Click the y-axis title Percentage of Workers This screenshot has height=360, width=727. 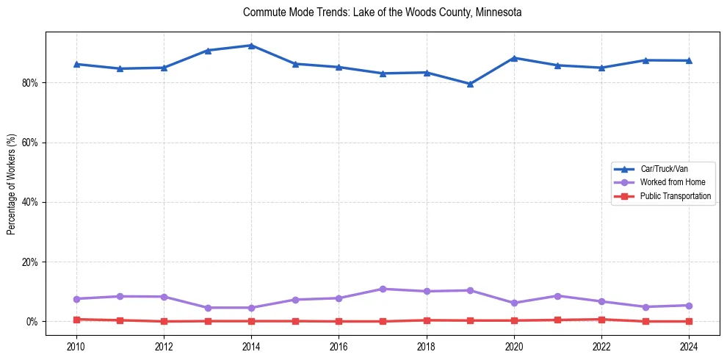(x=11, y=184)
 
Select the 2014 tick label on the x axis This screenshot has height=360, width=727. (x=251, y=346)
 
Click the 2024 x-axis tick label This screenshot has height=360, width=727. (x=689, y=346)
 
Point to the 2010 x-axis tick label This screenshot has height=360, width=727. (x=76, y=346)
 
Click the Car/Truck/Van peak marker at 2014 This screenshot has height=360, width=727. (x=251, y=46)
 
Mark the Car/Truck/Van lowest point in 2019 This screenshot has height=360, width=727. (x=470, y=84)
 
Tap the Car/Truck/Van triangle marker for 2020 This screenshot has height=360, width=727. (x=514, y=58)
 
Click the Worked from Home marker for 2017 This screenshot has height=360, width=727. (x=383, y=289)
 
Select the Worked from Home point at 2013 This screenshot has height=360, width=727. (x=208, y=308)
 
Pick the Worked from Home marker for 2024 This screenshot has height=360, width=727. (x=689, y=306)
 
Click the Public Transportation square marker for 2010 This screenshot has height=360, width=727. (x=76, y=320)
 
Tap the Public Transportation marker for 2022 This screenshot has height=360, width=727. (x=601, y=320)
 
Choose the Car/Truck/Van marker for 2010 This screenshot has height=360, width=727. (x=76, y=65)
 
